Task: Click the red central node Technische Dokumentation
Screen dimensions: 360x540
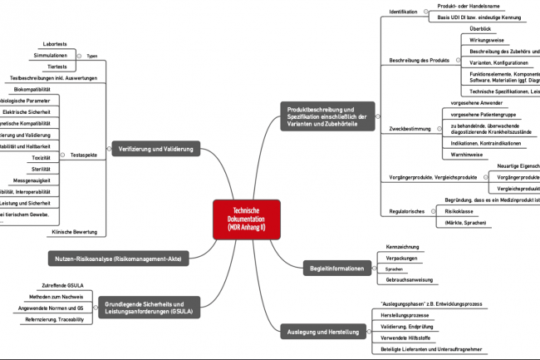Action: [246, 220]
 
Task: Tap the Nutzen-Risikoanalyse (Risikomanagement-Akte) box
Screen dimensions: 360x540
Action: [119, 259]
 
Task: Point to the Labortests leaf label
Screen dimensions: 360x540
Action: [56, 44]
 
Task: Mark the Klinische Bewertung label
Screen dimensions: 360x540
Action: [75, 231]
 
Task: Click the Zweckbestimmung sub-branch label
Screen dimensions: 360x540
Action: [410, 129]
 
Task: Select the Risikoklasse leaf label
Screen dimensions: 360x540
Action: [459, 212]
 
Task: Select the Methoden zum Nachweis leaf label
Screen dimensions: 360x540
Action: [56, 297]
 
